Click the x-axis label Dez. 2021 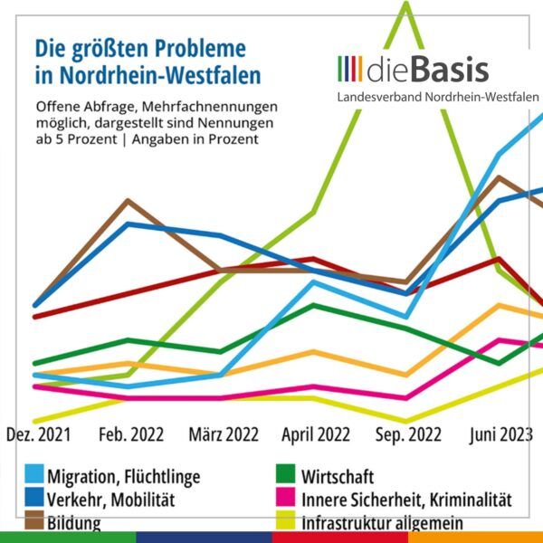(40, 434)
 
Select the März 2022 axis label (224, 434)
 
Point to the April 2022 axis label (316, 434)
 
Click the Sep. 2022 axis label (407, 434)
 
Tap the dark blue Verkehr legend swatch (34, 499)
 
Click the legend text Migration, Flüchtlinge (124, 477)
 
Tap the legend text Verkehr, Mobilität (111, 500)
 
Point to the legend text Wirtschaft (337, 477)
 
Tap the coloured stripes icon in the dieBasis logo (350, 69)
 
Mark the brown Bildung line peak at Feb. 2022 (129, 200)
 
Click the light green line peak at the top (406, 4)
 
